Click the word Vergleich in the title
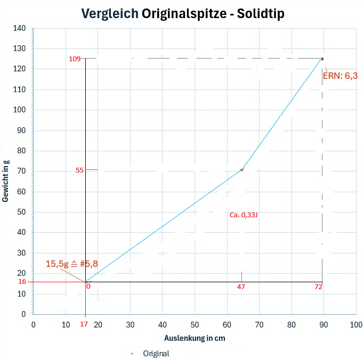click(110, 14)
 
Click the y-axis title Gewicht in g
click(6, 182)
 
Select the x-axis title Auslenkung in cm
click(194, 338)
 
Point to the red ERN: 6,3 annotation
click(340, 76)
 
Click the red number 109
click(75, 59)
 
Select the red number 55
click(80, 170)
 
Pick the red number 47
click(241, 287)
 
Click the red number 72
click(318, 287)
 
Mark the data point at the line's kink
click(242, 170)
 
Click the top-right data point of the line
click(322, 59)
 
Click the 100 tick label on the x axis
click(355, 324)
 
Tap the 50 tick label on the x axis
click(195, 324)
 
